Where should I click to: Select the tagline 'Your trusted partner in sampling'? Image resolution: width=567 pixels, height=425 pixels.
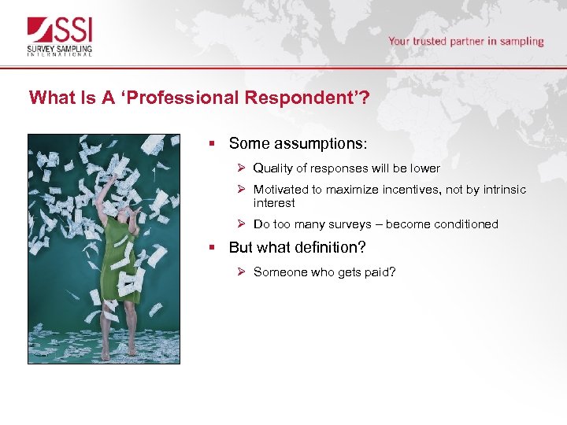click(x=465, y=41)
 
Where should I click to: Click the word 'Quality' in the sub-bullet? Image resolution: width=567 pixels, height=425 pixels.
click(x=272, y=168)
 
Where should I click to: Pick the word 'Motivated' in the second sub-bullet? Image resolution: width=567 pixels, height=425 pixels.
click(x=280, y=190)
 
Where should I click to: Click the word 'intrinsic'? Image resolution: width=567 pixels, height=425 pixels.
click(x=502, y=190)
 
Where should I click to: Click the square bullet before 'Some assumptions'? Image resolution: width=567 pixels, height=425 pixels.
click(x=212, y=143)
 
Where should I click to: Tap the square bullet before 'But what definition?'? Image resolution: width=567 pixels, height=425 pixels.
click(x=212, y=247)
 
